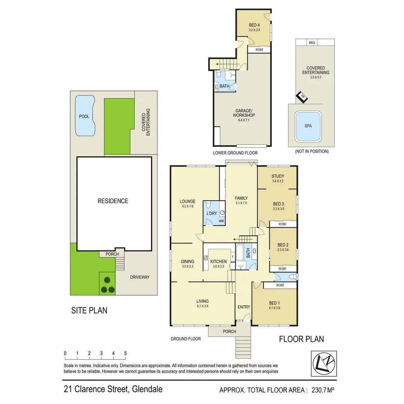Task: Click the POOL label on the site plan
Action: (x=84, y=116)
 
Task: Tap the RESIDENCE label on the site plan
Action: (x=113, y=201)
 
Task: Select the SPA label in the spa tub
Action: (x=307, y=126)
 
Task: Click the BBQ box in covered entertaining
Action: (x=312, y=43)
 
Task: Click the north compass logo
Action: (x=324, y=364)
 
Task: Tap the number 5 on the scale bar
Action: (x=125, y=353)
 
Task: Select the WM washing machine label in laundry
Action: (x=221, y=221)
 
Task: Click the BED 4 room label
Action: (x=254, y=25)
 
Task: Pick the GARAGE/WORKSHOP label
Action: (x=245, y=113)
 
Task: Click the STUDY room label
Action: (x=278, y=176)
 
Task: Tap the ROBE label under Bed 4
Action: (x=259, y=50)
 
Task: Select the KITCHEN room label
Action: (x=218, y=261)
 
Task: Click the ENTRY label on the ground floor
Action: (x=244, y=307)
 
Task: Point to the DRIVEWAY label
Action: (x=140, y=277)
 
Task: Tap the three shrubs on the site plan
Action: (x=107, y=285)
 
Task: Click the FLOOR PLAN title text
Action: (x=302, y=339)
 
